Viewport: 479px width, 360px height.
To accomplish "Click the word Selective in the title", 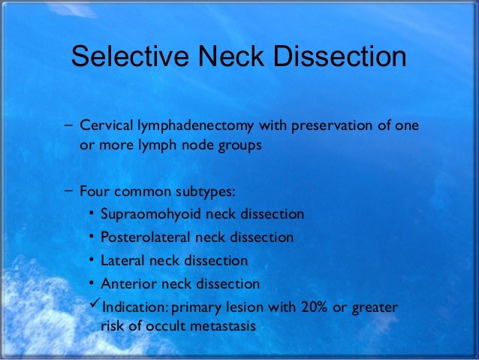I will [x=123, y=57].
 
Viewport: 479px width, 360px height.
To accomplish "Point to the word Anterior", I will [x=125, y=284].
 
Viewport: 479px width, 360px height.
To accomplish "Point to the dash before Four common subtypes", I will [x=69, y=188].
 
